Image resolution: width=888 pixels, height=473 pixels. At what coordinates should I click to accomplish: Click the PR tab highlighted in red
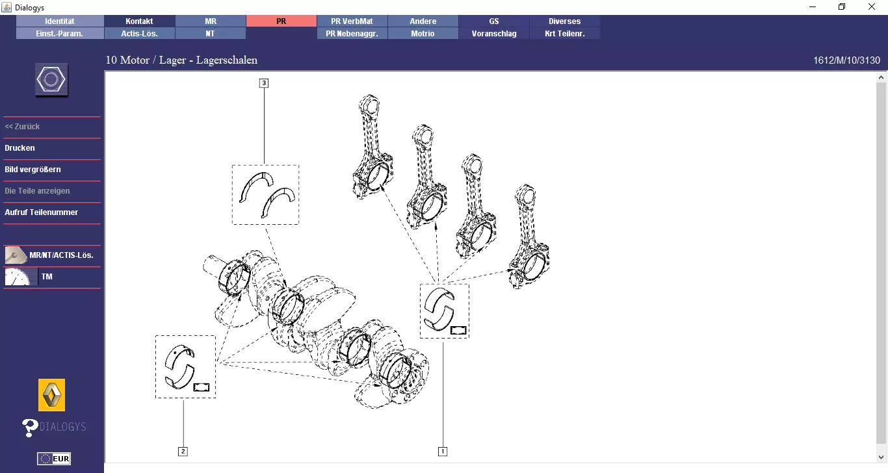(x=281, y=21)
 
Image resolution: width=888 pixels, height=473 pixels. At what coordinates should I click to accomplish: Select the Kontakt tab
(x=139, y=21)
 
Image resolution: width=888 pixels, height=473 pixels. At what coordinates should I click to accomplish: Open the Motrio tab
(x=423, y=34)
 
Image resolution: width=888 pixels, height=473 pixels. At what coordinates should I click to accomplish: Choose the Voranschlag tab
(x=494, y=34)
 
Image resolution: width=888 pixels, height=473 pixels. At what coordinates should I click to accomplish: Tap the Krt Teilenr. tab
(x=564, y=34)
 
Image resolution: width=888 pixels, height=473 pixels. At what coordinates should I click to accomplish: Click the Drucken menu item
(x=20, y=148)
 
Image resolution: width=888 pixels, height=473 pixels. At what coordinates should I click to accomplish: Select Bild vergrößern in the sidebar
(x=33, y=170)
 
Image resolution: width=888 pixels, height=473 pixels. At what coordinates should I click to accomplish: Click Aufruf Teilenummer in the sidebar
(x=41, y=212)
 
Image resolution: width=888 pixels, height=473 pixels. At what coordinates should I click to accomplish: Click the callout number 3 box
(x=264, y=83)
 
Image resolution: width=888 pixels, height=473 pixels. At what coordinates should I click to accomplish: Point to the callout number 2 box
(x=183, y=451)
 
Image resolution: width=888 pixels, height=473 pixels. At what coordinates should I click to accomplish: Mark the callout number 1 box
(x=443, y=451)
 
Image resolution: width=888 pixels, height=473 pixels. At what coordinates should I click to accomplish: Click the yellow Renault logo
(x=51, y=394)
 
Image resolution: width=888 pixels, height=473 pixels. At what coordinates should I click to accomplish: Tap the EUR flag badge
(x=53, y=459)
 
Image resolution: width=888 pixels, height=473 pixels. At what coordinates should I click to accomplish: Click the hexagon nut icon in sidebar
(x=51, y=80)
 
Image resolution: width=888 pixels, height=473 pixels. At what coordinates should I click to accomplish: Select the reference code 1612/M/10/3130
(x=846, y=60)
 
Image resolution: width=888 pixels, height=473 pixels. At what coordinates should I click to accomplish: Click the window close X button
(x=872, y=7)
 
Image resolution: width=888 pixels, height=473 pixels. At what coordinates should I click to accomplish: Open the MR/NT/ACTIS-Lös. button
(x=52, y=255)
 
